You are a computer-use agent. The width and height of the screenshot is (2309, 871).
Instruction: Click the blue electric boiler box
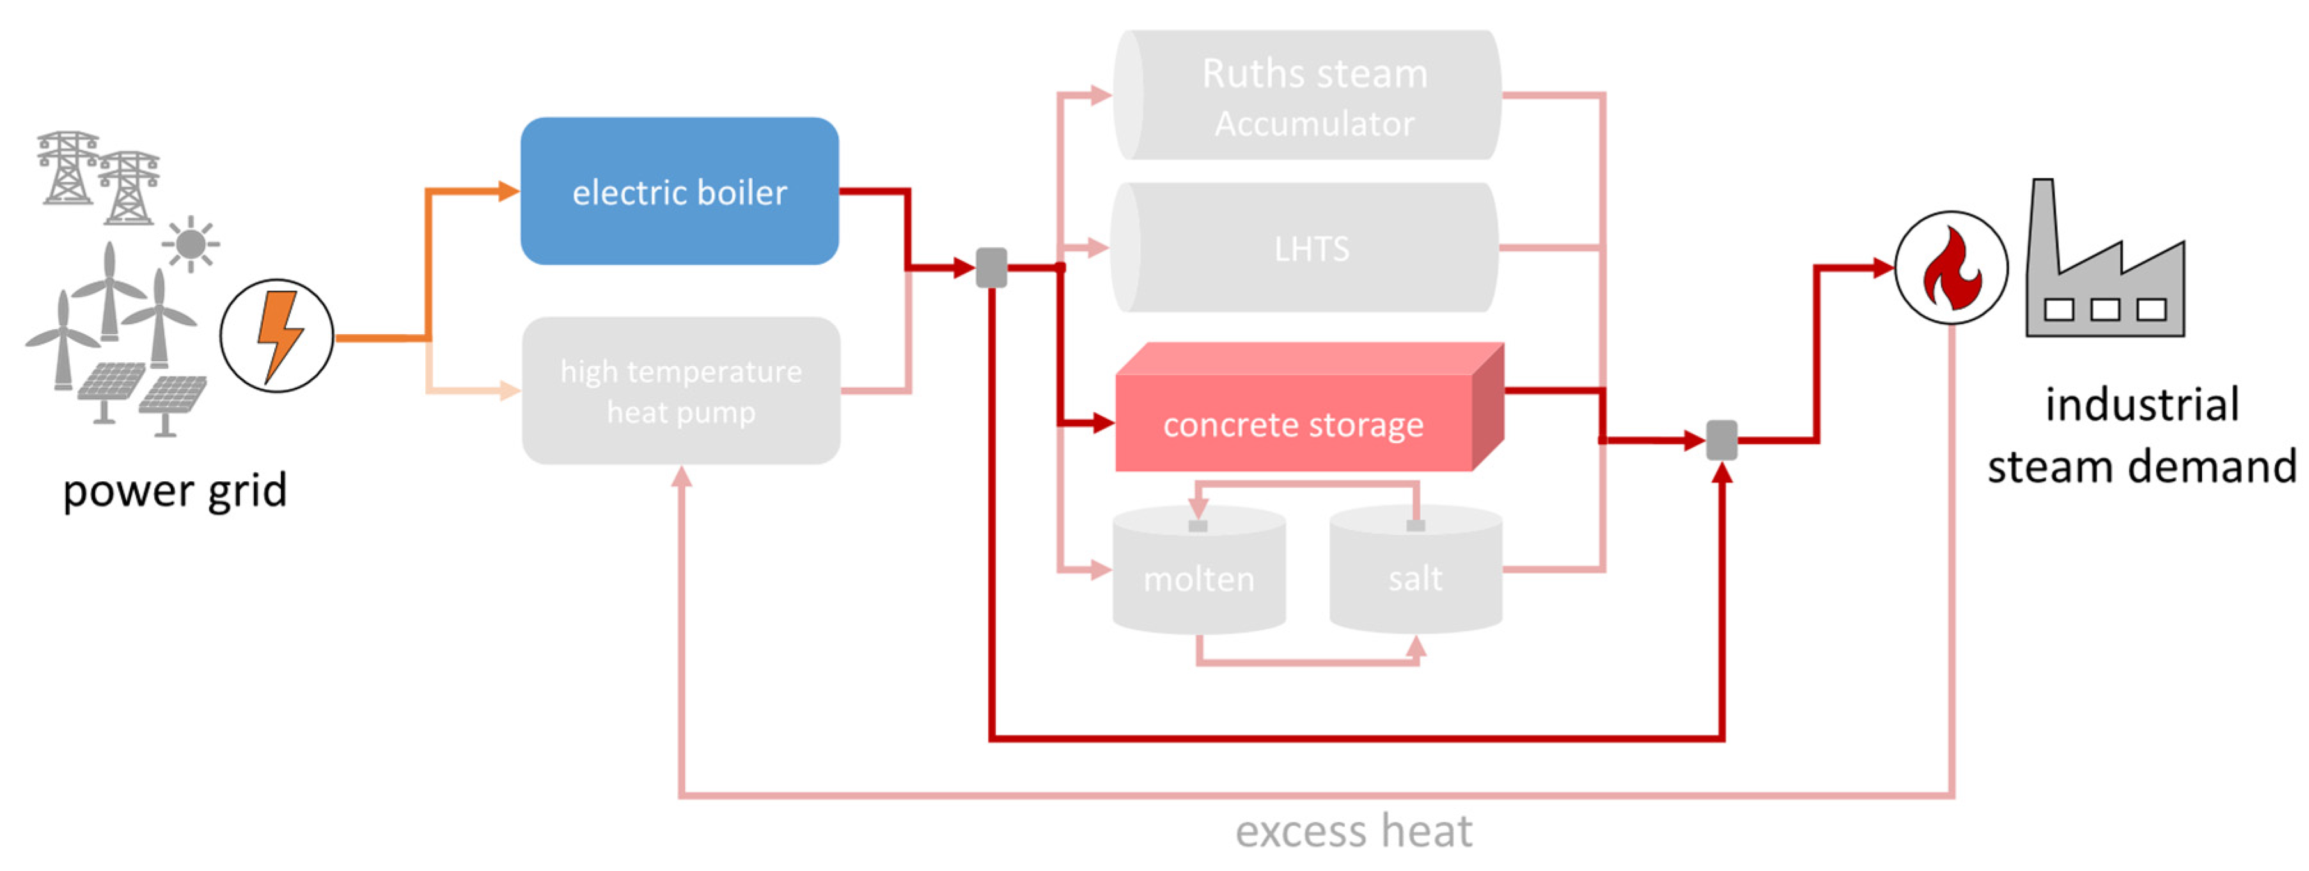coord(680,191)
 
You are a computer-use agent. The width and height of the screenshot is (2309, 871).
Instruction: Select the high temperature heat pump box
coord(681,390)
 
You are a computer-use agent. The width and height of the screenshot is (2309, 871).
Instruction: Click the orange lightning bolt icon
coord(278,335)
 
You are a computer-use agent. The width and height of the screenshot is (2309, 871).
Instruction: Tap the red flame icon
coord(1952,268)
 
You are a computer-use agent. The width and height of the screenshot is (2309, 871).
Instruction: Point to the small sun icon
coord(190,243)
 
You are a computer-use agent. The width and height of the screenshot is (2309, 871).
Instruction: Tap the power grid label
coord(175,490)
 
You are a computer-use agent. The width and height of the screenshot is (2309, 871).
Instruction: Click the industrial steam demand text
coord(2141,436)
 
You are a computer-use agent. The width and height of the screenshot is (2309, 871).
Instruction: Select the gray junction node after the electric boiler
coord(990,267)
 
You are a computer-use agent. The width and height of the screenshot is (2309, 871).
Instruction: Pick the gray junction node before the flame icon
coord(1721,440)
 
